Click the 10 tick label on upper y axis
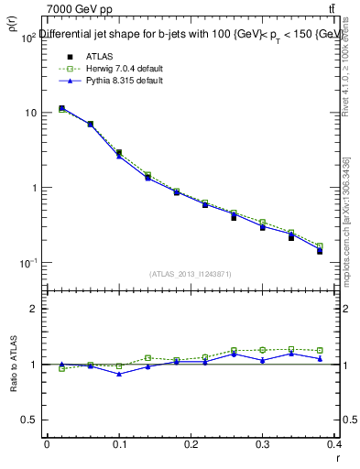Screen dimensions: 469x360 (x=29, y=113)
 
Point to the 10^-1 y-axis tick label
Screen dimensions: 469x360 (x=27, y=263)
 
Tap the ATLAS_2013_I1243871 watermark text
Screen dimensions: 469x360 (x=191, y=274)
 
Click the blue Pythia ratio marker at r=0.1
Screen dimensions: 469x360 (x=119, y=374)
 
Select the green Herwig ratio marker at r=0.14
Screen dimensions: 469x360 (x=147, y=358)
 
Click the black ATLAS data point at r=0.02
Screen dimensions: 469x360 (x=61, y=108)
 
